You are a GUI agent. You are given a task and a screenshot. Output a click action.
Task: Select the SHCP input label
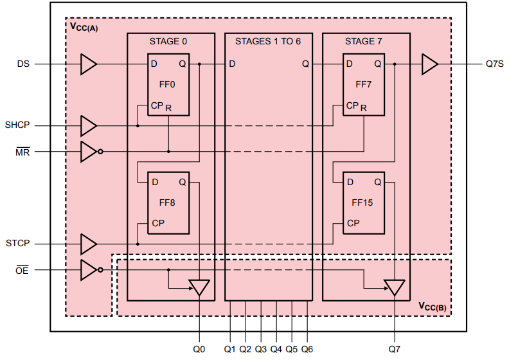pyautogui.click(x=17, y=125)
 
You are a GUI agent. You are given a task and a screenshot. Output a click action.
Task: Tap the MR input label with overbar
pyautogui.click(x=22, y=152)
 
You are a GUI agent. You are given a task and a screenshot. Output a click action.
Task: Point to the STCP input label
pyautogui.click(x=17, y=244)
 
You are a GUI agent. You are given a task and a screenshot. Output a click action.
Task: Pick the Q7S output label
pyautogui.click(x=494, y=64)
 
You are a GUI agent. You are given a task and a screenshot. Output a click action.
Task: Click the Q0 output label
pyautogui.click(x=199, y=349)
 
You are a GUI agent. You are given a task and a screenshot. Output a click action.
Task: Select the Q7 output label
pyautogui.click(x=394, y=349)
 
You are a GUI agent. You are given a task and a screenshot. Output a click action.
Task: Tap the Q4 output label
pyautogui.click(x=276, y=349)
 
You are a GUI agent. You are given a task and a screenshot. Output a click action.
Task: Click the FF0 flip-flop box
pyautogui.click(x=168, y=84)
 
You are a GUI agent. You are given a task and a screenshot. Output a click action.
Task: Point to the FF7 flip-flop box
pyautogui.click(x=363, y=84)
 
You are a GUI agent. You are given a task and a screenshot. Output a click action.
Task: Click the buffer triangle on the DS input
pyautogui.click(x=89, y=64)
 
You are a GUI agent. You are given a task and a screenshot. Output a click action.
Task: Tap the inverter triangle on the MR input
pyautogui.click(x=89, y=152)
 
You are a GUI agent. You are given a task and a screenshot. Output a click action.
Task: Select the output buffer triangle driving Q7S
pyautogui.click(x=429, y=64)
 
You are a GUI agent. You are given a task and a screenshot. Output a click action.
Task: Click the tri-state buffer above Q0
pyautogui.click(x=199, y=287)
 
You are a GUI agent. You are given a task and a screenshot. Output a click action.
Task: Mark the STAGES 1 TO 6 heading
pyautogui.click(x=268, y=41)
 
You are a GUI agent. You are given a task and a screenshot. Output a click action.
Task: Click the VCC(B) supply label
pyautogui.click(x=433, y=306)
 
